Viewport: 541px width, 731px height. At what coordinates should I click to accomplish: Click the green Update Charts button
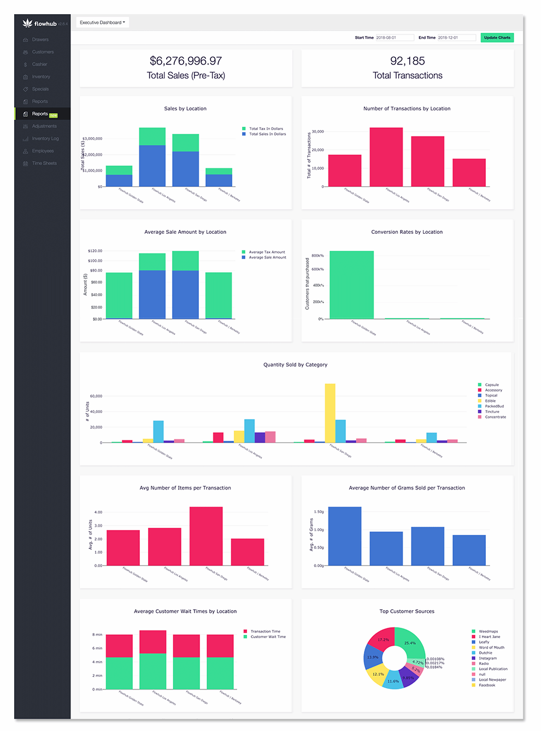(x=497, y=38)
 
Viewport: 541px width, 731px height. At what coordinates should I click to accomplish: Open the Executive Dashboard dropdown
(x=102, y=22)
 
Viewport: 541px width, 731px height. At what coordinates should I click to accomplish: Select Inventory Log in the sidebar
(x=45, y=139)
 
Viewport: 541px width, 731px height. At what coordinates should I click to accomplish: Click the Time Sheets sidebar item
(x=44, y=163)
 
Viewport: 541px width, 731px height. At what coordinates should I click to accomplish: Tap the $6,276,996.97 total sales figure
(x=186, y=61)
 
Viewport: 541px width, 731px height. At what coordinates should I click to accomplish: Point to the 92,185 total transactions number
(x=407, y=61)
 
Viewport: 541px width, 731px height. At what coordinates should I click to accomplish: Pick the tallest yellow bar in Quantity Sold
(x=330, y=412)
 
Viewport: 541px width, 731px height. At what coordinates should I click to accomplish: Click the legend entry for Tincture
(x=492, y=412)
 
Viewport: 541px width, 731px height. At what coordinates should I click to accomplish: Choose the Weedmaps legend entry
(x=488, y=632)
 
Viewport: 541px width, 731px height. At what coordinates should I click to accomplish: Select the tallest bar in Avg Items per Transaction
(x=206, y=535)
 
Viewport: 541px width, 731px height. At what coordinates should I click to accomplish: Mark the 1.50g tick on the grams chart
(x=319, y=512)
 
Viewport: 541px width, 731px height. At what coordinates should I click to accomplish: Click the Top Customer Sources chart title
(x=407, y=611)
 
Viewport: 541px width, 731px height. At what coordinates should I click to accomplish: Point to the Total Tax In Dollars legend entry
(x=266, y=129)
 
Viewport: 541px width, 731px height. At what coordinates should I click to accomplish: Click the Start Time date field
(x=393, y=38)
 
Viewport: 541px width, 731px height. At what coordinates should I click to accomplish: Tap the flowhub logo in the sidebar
(x=40, y=23)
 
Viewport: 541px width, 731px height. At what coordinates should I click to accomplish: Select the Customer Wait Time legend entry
(x=268, y=637)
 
